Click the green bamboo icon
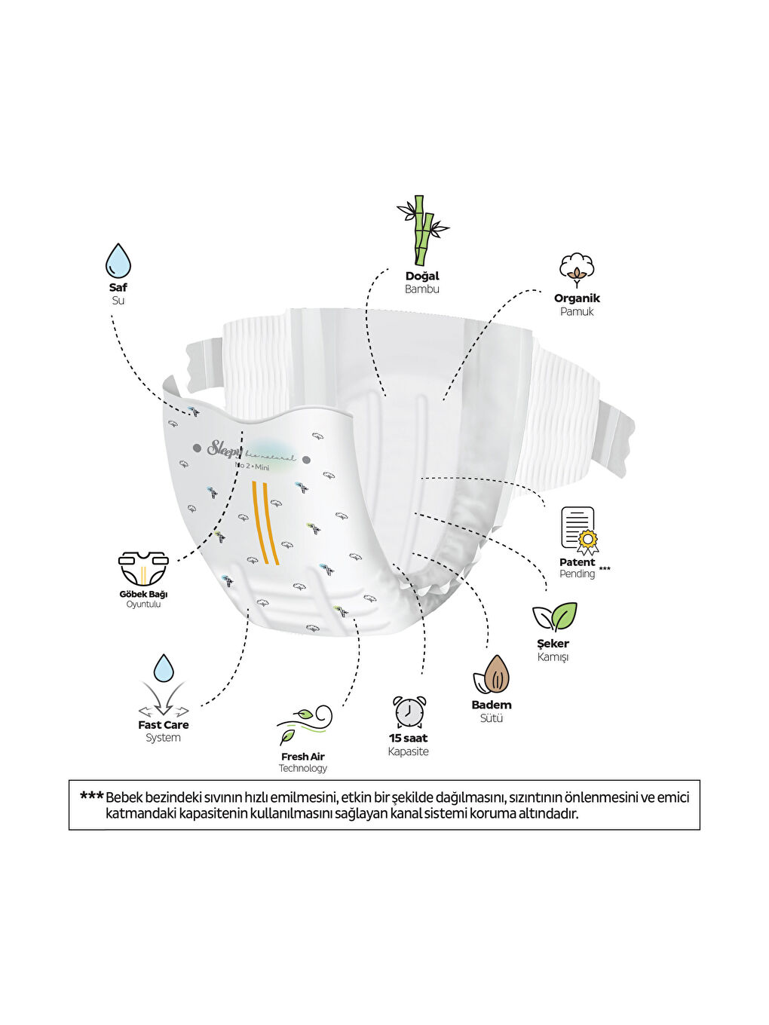(x=422, y=230)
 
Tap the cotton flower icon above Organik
(x=577, y=270)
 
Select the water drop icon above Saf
(x=118, y=261)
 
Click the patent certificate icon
(x=578, y=530)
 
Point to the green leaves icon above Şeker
(x=555, y=617)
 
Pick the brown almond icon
(x=492, y=674)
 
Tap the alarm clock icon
(x=409, y=711)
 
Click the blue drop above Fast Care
(x=164, y=668)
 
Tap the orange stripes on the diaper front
(x=265, y=522)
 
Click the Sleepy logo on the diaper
(x=224, y=448)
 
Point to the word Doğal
(x=422, y=276)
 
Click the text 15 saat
(x=408, y=738)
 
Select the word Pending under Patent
(x=577, y=574)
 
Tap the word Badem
(x=491, y=705)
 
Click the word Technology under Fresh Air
(x=303, y=768)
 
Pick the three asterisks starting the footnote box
(x=91, y=796)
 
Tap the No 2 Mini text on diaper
(x=252, y=467)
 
